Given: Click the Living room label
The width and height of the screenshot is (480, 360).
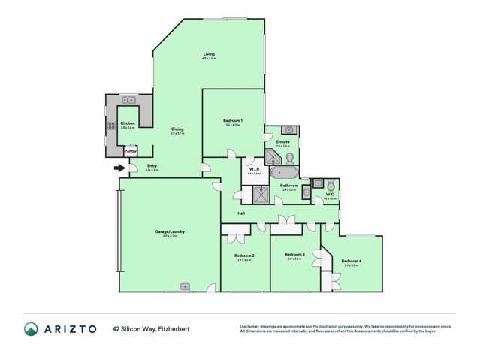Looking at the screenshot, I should point(209,54).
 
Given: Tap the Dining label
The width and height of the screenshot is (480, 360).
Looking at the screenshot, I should point(177,129).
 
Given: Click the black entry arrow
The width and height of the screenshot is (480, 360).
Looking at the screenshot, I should point(118,168).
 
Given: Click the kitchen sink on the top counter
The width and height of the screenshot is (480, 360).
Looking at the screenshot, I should point(128,99).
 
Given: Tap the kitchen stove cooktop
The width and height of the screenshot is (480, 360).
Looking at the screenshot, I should point(110,126).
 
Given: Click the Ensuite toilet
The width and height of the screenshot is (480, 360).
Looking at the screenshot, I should point(290,157).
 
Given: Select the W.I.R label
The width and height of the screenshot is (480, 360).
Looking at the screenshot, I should point(254,170).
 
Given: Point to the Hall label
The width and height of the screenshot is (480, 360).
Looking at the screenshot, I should point(241,213).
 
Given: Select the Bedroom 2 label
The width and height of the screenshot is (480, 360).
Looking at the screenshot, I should point(244,256).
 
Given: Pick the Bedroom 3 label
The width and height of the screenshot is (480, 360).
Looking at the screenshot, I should point(294,255).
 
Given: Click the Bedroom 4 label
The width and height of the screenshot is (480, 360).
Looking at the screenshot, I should point(352,262).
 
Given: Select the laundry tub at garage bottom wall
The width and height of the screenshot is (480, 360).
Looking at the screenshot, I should point(185,286).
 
